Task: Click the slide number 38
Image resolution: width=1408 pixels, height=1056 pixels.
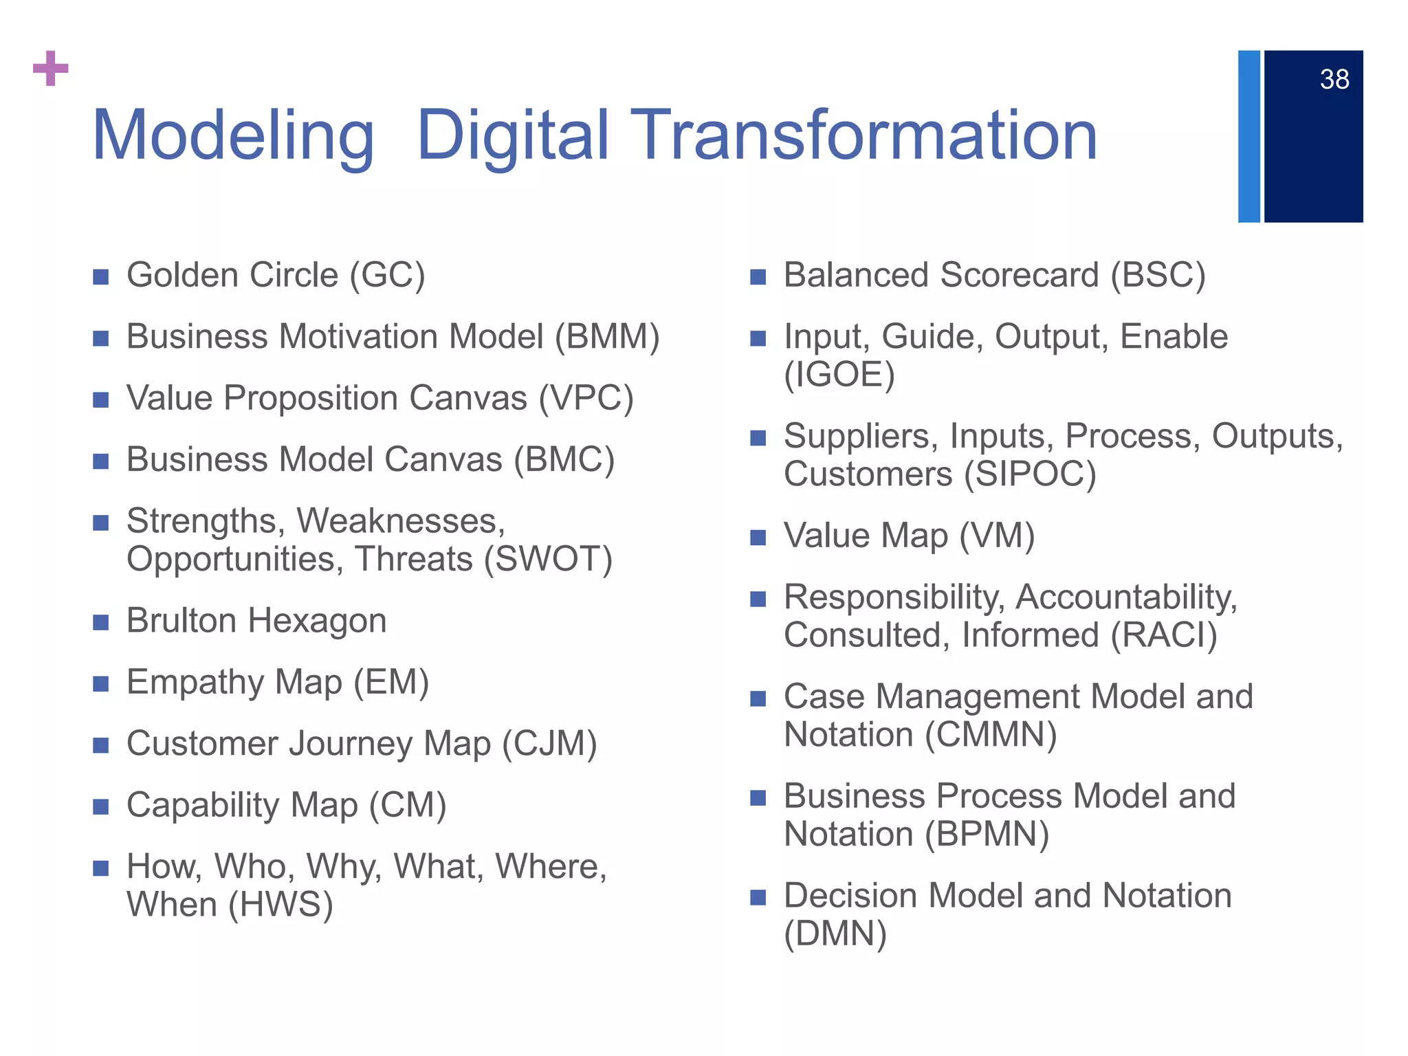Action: pyautogui.click(x=1334, y=80)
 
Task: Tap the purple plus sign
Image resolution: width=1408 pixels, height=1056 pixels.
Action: pyautogui.click(x=51, y=69)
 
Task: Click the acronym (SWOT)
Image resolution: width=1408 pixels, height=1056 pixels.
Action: pyautogui.click(x=548, y=559)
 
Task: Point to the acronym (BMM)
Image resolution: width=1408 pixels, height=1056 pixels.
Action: pyautogui.click(x=607, y=337)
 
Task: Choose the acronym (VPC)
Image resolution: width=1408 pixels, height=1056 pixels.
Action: pyautogui.click(x=586, y=399)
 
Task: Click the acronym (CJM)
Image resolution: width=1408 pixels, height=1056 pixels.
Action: pyautogui.click(x=549, y=744)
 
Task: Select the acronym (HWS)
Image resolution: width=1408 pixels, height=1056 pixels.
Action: pyautogui.click(x=280, y=905)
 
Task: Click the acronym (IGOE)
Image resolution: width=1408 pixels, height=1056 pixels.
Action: pyautogui.click(x=839, y=375)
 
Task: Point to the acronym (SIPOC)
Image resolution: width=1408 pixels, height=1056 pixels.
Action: pyautogui.click(x=1029, y=474)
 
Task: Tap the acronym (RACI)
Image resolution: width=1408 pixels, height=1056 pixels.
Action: pyautogui.click(x=1164, y=635)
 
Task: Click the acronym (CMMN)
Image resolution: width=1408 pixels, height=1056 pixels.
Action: pyautogui.click(x=990, y=735)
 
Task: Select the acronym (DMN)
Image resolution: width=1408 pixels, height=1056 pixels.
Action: pyautogui.click(x=835, y=934)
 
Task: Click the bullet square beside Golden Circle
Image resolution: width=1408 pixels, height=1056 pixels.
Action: pyautogui.click(x=101, y=277)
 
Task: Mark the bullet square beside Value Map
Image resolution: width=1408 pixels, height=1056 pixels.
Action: pyautogui.click(x=758, y=538)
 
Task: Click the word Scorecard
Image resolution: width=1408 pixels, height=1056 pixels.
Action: pyautogui.click(x=1020, y=275)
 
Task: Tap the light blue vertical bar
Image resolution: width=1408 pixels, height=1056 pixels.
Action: pyautogui.click(x=1248, y=136)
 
